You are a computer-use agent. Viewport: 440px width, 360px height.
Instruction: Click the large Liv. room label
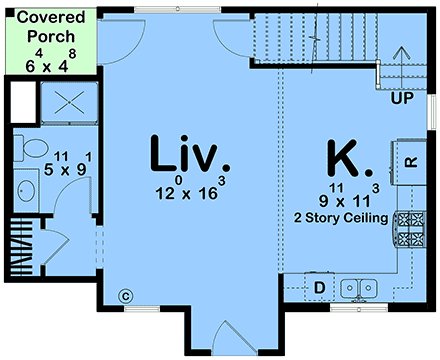[x=190, y=155]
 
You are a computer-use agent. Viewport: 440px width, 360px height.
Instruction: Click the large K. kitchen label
[x=350, y=159]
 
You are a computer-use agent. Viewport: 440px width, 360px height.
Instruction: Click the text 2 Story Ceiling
[x=340, y=216]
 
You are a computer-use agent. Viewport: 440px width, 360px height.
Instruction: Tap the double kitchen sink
[x=360, y=288]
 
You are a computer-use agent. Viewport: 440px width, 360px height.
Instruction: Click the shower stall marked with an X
[x=67, y=102]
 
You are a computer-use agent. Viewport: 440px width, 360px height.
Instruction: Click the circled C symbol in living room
[x=125, y=295]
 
